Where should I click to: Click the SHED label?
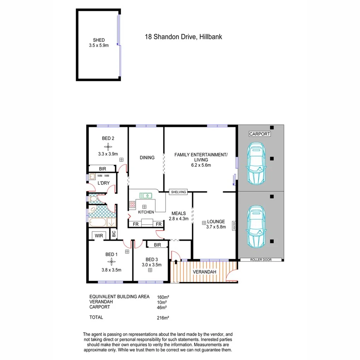[x=98, y=40]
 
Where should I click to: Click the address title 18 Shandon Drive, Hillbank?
[x=183, y=37]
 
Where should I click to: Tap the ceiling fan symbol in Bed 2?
[x=108, y=146]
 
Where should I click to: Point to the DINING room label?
[x=147, y=158]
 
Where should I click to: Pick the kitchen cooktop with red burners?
[x=132, y=204]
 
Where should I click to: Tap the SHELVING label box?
[x=178, y=192]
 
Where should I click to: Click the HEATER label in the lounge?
[x=234, y=226]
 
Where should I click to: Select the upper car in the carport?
[x=256, y=163]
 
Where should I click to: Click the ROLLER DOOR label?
[x=261, y=260]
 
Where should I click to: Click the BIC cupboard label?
[x=114, y=234]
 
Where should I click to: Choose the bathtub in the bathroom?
[x=98, y=223]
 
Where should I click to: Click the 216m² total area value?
[x=161, y=318]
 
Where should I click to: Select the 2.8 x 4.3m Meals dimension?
[x=178, y=219]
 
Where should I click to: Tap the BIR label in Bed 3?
[x=157, y=245]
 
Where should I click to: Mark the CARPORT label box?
[x=260, y=134]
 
